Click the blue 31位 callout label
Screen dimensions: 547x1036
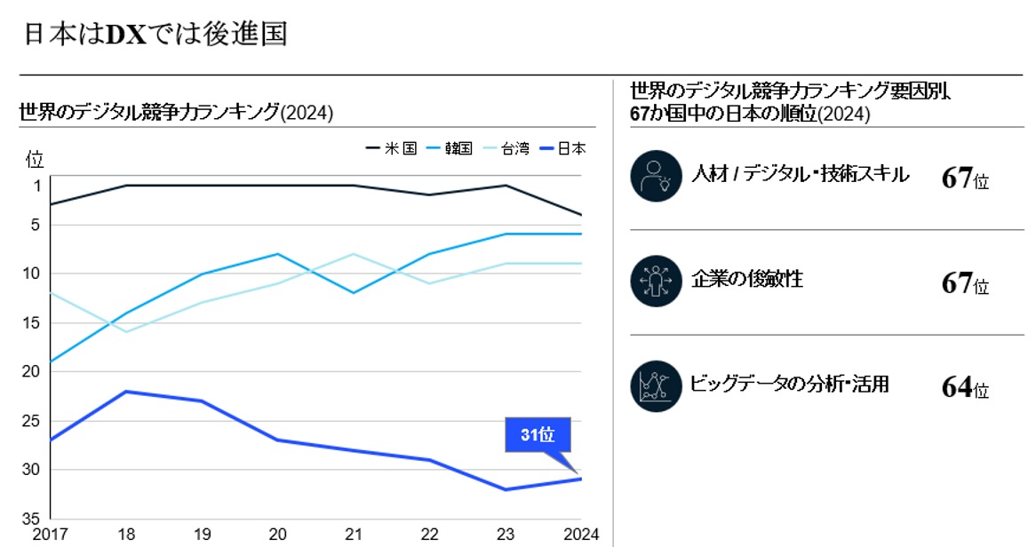coord(538,435)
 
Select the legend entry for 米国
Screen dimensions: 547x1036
coord(391,149)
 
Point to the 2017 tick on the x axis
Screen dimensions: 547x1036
coord(51,535)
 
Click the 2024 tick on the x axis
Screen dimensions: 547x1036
coord(581,535)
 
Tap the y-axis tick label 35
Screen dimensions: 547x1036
coord(33,519)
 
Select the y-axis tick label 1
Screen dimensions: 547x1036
coord(36,186)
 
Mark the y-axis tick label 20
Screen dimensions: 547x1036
coord(33,372)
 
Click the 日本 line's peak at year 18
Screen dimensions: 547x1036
coord(126,392)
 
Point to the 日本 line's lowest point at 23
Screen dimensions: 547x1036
coord(506,489)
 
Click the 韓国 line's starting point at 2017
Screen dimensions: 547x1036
coord(51,362)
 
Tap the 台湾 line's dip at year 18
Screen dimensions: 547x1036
coord(126,332)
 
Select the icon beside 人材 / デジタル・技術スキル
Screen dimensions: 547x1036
coord(655,176)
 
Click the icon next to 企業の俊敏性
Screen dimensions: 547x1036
coord(655,281)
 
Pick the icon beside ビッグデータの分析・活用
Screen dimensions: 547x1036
coord(655,386)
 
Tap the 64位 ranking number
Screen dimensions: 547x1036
coord(964,389)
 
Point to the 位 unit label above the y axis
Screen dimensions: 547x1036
coord(35,160)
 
